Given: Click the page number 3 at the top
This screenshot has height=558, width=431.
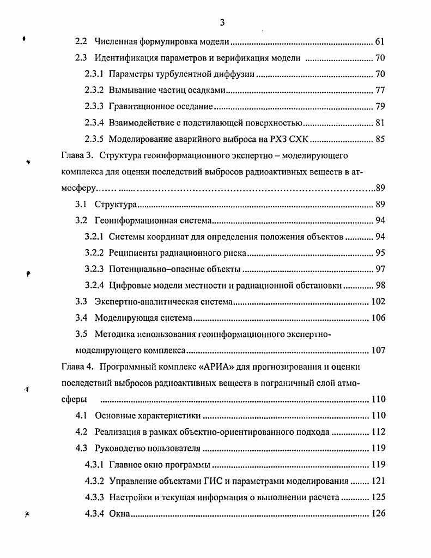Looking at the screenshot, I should click(x=222, y=22).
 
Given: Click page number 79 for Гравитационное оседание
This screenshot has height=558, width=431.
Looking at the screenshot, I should click(x=380, y=106).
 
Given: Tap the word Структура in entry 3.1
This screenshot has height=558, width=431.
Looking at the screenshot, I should click(x=115, y=205).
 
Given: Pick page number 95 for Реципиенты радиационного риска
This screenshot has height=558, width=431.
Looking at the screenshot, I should click(x=380, y=253).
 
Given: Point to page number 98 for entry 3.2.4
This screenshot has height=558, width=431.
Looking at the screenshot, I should click(x=380, y=285).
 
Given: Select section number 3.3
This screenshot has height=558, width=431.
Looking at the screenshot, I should click(x=81, y=302).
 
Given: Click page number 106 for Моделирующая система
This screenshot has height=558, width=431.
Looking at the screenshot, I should click(x=378, y=318).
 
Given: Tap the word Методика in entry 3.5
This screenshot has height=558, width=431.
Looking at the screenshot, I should click(x=113, y=334).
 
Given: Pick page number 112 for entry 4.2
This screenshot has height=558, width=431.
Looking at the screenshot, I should click(x=378, y=431).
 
